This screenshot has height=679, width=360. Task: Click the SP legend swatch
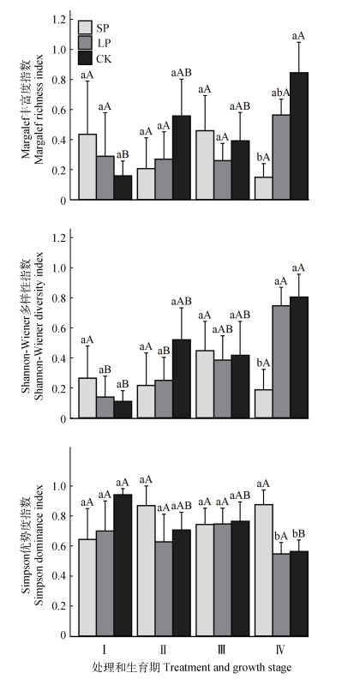(x=85, y=27)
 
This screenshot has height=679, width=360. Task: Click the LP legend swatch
(x=85, y=43)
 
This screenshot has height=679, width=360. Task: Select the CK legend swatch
(x=85, y=57)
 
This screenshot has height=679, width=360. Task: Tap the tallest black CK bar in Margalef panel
(x=299, y=136)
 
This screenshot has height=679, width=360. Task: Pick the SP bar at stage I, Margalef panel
(x=87, y=166)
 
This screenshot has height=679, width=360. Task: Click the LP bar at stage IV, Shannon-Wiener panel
(x=281, y=362)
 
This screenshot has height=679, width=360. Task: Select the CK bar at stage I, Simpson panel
(x=123, y=566)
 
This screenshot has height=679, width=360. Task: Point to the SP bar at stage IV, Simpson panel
(x=263, y=571)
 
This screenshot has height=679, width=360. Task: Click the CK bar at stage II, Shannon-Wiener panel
(x=182, y=379)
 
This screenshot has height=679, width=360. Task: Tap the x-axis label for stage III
(x=221, y=650)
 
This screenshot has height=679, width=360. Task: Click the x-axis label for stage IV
(x=280, y=650)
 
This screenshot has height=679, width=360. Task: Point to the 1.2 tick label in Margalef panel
(x=58, y=20)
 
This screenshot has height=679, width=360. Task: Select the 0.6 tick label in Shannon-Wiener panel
(x=58, y=328)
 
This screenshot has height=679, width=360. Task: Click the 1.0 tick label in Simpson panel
(x=58, y=486)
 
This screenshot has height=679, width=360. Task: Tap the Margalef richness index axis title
(x=39, y=109)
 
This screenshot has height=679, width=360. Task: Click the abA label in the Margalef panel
(x=280, y=93)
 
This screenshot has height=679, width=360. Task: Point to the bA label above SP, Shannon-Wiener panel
(x=263, y=363)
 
